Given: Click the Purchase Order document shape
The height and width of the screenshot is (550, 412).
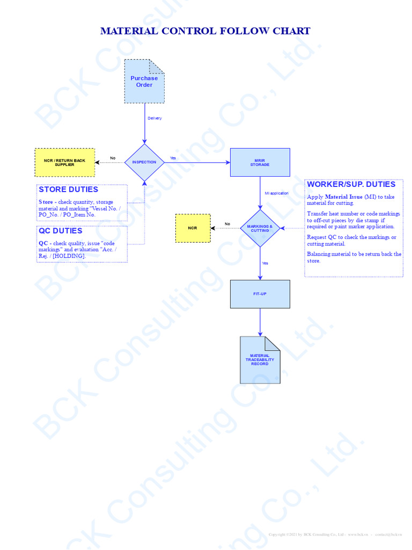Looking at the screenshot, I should (x=144, y=81).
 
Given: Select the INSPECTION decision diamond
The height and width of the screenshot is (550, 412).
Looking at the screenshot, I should (x=144, y=162).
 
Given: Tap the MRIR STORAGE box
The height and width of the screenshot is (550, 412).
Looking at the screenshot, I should (x=260, y=162).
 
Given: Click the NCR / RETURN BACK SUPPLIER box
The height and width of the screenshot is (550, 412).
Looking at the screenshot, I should (x=64, y=162).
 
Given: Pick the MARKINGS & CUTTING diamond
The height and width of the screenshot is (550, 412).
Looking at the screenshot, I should (x=260, y=228).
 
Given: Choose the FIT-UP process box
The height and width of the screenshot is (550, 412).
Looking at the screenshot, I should (x=260, y=294).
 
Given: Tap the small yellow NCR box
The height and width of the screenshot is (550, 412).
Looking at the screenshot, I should (x=193, y=228).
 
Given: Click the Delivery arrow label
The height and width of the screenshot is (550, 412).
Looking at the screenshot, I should (x=154, y=118).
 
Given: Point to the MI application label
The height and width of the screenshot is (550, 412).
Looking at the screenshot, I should (x=276, y=193).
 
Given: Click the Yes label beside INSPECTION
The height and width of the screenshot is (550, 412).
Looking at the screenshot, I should (x=173, y=158).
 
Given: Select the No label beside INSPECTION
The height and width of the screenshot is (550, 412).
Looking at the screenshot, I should (x=113, y=158).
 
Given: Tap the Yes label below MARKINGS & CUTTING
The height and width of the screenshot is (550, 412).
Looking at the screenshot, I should (x=265, y=263).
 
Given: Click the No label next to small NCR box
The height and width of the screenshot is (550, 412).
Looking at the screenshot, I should (x=227, y=224).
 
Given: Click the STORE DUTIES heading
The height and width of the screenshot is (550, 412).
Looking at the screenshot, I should (x=68, y=190).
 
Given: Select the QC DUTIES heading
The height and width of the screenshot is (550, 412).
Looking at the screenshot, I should (x=60, y=231).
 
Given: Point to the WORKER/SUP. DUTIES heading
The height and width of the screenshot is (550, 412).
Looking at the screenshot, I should (x=351, y=184).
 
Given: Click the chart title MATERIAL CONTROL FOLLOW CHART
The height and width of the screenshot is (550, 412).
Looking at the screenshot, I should (x=205, y=31).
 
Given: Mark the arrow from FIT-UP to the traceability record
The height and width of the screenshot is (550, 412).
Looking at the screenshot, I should (x=260, y=322).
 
